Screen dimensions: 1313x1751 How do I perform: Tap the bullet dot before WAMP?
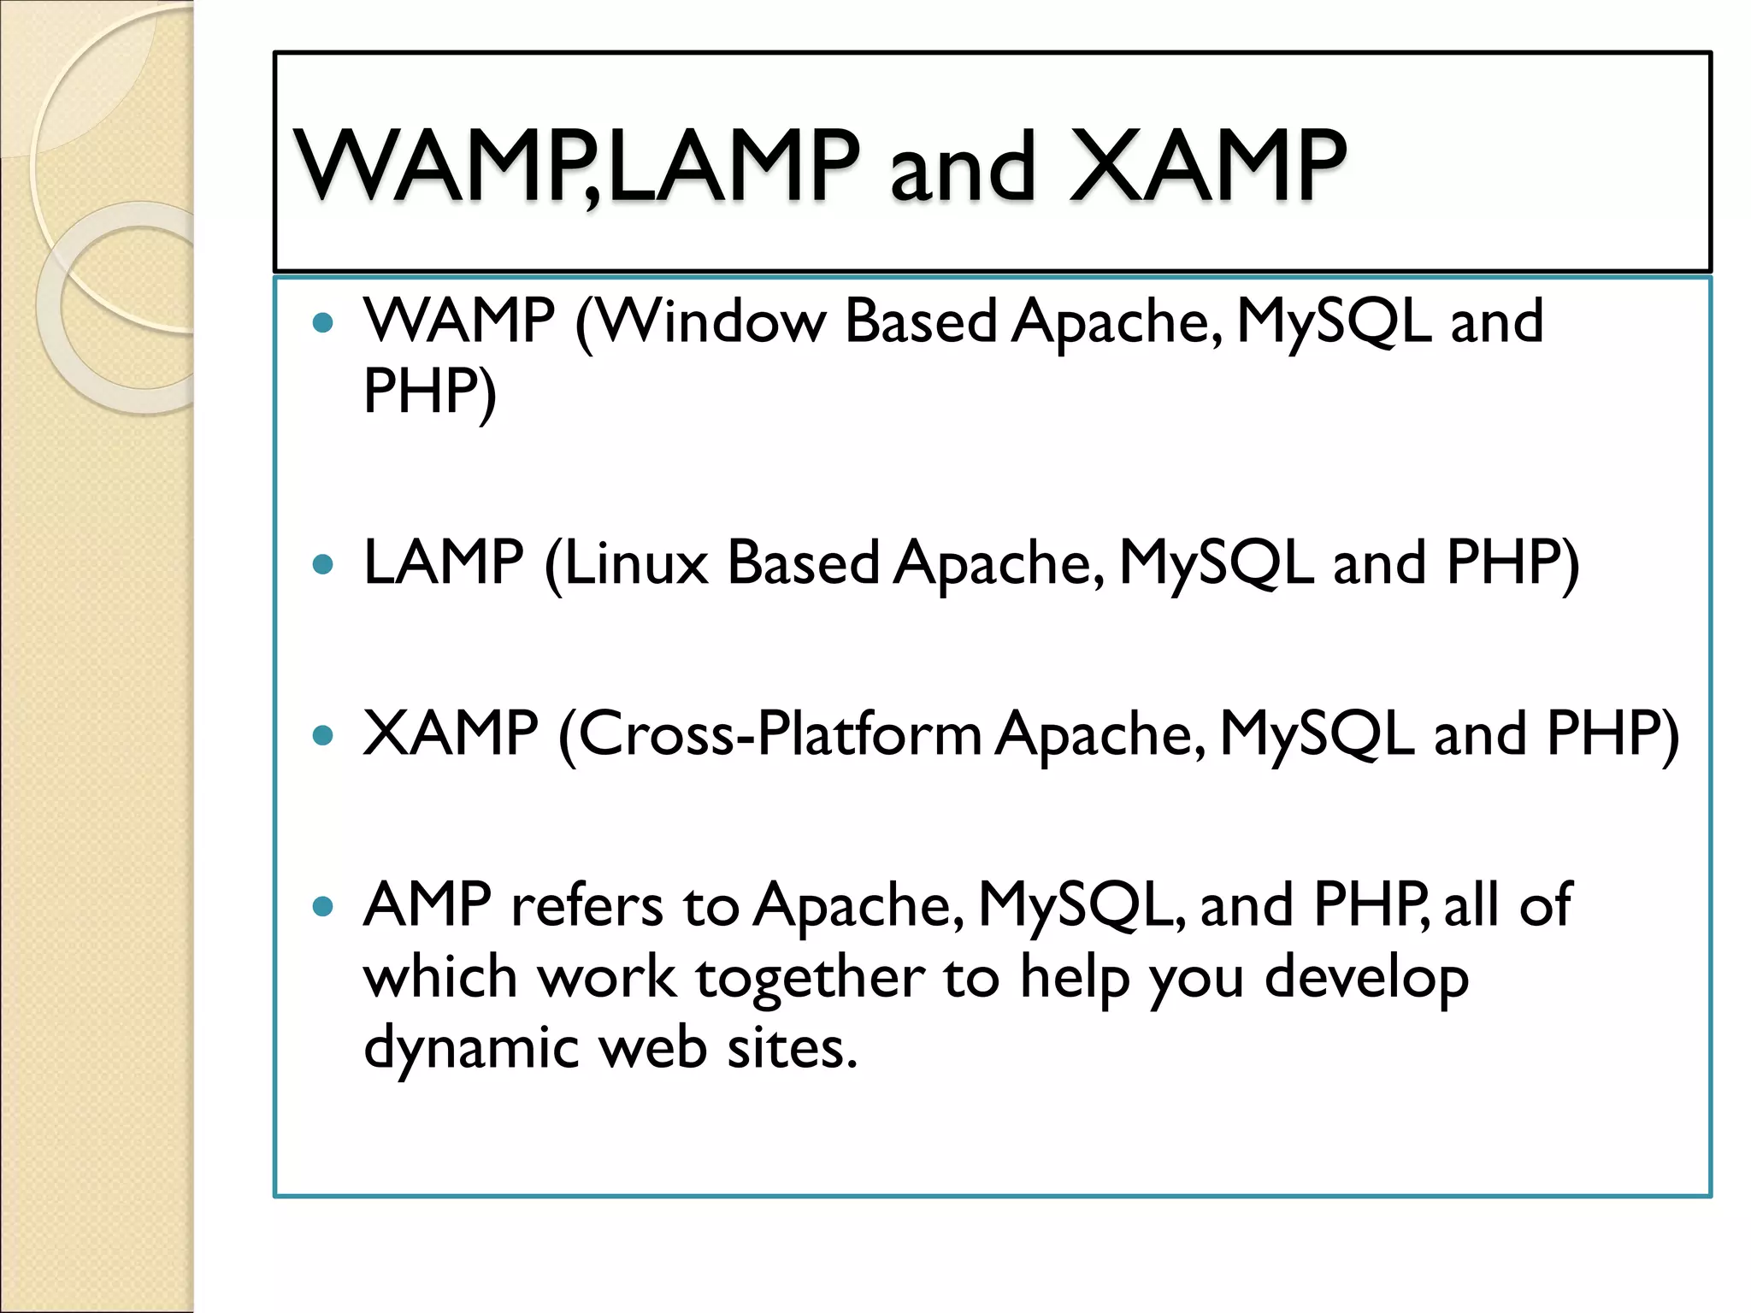(x=322, y=323)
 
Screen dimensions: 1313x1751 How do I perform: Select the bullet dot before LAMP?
(x=322, y=564)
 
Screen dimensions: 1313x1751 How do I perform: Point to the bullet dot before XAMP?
(x=322, y=735)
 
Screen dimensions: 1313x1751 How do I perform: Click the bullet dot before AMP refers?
(x=322, y=906)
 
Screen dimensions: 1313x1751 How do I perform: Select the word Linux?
(x=635, y=563)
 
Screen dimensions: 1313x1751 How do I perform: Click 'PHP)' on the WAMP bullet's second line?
(x=429, y=392)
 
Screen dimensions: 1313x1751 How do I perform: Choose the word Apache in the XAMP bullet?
(x=1100, y=734)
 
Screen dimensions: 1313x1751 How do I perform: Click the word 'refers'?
(x=587, y=905)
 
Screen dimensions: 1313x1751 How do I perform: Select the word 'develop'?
(x=1366, y=977)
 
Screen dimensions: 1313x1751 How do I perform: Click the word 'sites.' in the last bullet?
(x=792, y=1048)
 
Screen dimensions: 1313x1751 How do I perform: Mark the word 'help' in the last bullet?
(x=1075, y=977)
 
